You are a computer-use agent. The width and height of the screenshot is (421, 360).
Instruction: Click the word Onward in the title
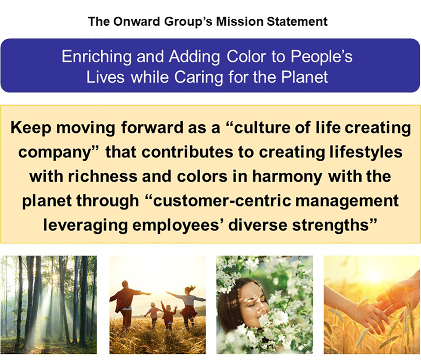(137, 22)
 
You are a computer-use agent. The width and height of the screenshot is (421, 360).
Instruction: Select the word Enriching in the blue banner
(97, 56)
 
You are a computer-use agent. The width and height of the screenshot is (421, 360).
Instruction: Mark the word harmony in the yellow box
(287, 176)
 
